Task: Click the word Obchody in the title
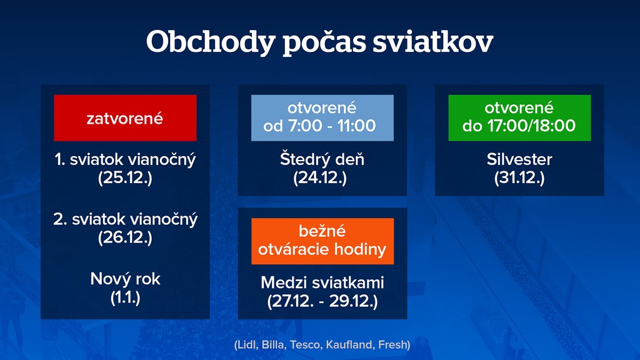pyautogui.click(x=211, y=42)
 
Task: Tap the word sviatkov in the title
pyautogui.click(x=433, y=41)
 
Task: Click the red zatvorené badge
pyautogui.click(x=125, y=118)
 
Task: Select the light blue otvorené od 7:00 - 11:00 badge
pyautogui.click(x=322, y=118)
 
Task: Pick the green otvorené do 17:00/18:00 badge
pyautogui.click(x=519, y=118)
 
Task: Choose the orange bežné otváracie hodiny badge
pyautogui.click(x=322, y=241)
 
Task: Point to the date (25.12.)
pyautogui.click(x=125, y=178)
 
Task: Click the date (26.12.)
pyautogui.click(x=125, y=237)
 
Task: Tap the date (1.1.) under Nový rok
pyautogui.click(x=125, y=297)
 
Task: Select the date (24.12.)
pyautogui.click(x=320, y=178)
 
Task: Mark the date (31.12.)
pyautogui.click(x=519, y=178)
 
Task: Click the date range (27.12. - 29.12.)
pyautogui.click(x=322, y=301)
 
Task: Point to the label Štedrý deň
pyautogui.click(x=322, y=159)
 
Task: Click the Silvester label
pyautogui.click(x=519, y=159)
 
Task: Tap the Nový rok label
pyautogui.click(x=125, y=279)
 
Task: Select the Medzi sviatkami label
pyautogui.click(x=322, y=282)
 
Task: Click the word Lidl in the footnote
pyautogui.click(x=247, y=345)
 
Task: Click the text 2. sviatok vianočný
pyautogui.click(x=125, y=219)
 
